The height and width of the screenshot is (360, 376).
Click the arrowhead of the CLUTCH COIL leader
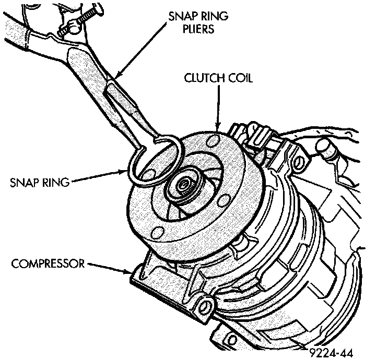point(216,127)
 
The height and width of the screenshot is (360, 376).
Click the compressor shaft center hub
point(184,186)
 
